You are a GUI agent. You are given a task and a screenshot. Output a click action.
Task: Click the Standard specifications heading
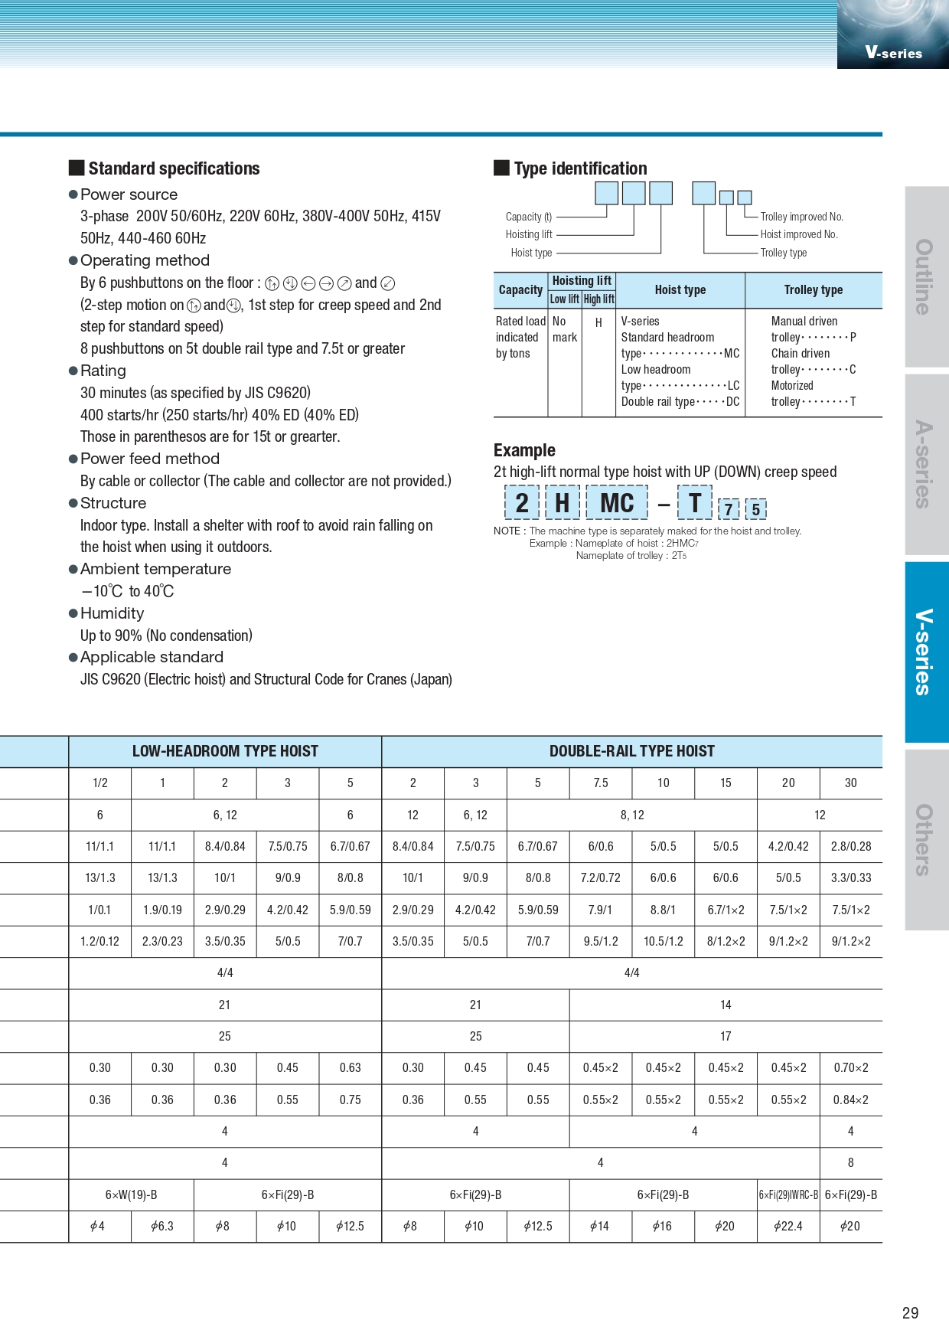(174, 168)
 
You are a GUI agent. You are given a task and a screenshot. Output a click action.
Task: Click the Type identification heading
(580, 168)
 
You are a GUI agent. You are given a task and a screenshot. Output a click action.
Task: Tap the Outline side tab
(926, 276)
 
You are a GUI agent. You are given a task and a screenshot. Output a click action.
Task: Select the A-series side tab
(926, 464)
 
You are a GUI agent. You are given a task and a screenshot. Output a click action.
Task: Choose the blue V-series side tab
(926, 652)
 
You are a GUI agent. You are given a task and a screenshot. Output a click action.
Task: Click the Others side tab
(926, 839)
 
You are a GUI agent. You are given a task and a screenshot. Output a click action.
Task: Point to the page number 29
(910, 1313)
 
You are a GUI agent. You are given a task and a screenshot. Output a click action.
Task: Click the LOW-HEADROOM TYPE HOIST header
(225, 751)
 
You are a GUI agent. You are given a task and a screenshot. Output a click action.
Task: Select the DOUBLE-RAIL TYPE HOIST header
(631, 751)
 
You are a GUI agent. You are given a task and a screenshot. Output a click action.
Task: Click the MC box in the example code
(617, 503)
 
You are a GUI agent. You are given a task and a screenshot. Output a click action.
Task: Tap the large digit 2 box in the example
(522, 503)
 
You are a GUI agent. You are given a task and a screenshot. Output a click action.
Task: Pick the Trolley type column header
(813, 290)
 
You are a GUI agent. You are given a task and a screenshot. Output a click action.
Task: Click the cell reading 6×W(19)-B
(132, 1194)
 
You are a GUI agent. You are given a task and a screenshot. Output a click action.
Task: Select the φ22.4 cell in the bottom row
(788, 1226)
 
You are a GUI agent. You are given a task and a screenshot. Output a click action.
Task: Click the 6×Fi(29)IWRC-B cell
(788, 1194)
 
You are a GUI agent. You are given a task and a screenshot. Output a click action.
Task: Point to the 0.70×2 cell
(850, 1068)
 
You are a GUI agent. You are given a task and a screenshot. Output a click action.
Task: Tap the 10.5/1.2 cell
(663, 942)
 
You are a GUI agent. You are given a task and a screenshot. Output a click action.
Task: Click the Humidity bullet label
(112, 613)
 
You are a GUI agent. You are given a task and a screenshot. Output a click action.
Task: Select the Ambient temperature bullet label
(155, 569)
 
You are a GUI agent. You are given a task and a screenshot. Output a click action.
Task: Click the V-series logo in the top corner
(893, 52)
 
